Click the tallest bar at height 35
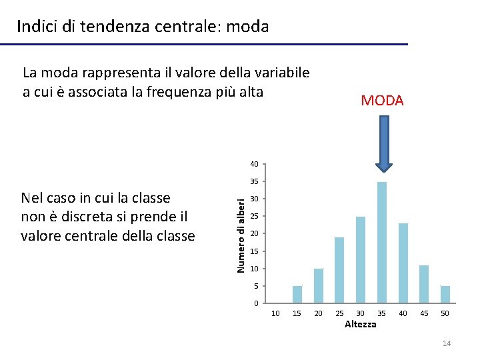click(x=382, y=243)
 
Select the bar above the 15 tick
click(x=297, y=295)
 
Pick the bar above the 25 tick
click(x=339, y=270)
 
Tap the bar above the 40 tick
click(x=403, y=263)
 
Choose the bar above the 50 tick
click(x=445, y=295)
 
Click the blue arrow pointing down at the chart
click(x=384, y=143)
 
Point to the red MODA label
click(x=382, y=101)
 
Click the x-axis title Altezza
click(x=360, y=324)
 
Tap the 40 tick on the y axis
click(x=254, y=164)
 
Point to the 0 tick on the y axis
click(x=256, y=304)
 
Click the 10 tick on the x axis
click(x=276, y=313)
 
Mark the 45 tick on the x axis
click(x=424, y=313)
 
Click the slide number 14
click(x=447, y=343)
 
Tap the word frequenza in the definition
click(x=183, y=92)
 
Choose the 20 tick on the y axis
click(x=254, y=233)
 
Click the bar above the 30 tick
click(x=361, y=260)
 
